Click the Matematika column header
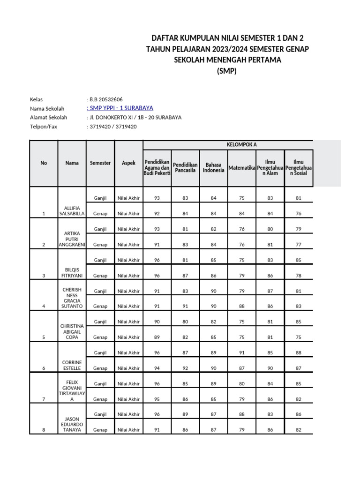pos(242,167)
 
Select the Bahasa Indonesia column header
pos(214,167)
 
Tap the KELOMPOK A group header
pos(242,144)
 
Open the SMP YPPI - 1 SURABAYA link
pos(120,108)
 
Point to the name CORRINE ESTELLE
pos(72,365)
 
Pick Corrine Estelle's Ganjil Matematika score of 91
pos(242,352)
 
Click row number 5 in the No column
pos(44,337)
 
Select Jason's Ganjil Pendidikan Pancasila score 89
pos(185,414)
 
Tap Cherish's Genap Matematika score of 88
pos(242,306)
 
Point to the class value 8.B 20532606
pos(106,99)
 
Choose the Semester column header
pos(100,163)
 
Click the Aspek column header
pos(128,163)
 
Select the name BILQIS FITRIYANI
pos(72,272)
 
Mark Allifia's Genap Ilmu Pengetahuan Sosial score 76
pos(299,213)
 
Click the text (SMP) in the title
pos(227,72)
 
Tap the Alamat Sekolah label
pos(48,118)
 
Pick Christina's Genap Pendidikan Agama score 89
pos(157,337)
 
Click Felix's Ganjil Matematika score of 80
pos(242,383)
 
